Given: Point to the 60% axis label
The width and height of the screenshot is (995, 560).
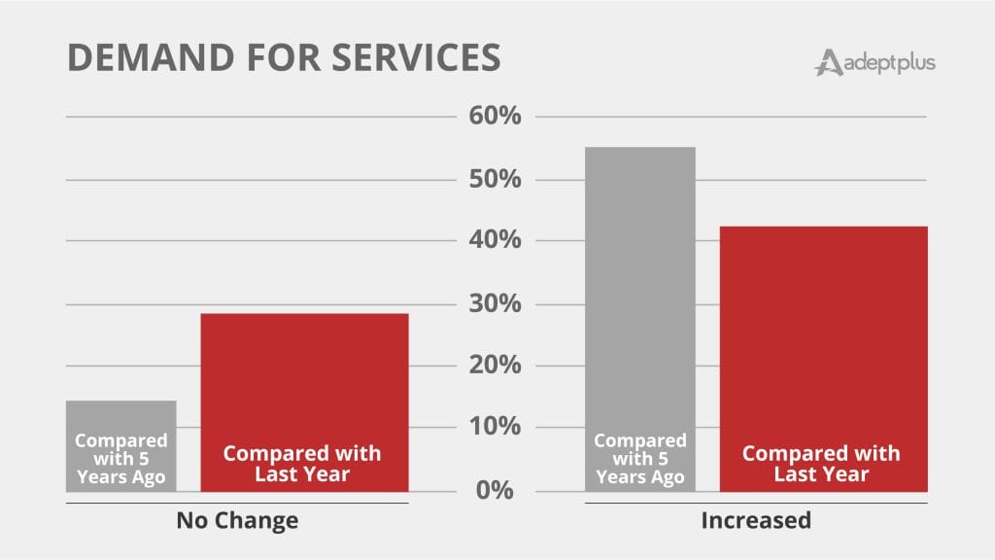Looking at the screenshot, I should click(495, 118).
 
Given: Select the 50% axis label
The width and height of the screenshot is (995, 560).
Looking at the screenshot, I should click(495, 180).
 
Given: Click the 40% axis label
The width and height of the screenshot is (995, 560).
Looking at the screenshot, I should click(495, 241).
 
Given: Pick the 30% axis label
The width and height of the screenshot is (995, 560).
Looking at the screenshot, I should click(495, 304).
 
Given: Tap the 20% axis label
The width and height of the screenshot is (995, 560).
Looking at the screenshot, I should click(495, 366).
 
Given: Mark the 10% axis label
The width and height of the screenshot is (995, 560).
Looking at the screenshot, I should click(495, 428).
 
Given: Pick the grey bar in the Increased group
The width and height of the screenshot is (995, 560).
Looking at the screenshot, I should click(639, 292).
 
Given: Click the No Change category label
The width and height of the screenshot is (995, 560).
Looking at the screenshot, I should click(237, 521).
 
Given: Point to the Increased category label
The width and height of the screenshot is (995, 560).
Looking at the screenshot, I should click(756, 521).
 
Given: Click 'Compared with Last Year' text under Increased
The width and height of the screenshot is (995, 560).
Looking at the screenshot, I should click(822, 464).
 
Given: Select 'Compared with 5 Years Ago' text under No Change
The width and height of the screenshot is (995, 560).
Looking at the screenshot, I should click(120, 459).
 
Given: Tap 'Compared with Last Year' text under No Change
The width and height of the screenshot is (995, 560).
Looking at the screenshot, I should click(302, 464).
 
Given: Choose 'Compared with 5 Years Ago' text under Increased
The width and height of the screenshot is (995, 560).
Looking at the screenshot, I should click(639, 459).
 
